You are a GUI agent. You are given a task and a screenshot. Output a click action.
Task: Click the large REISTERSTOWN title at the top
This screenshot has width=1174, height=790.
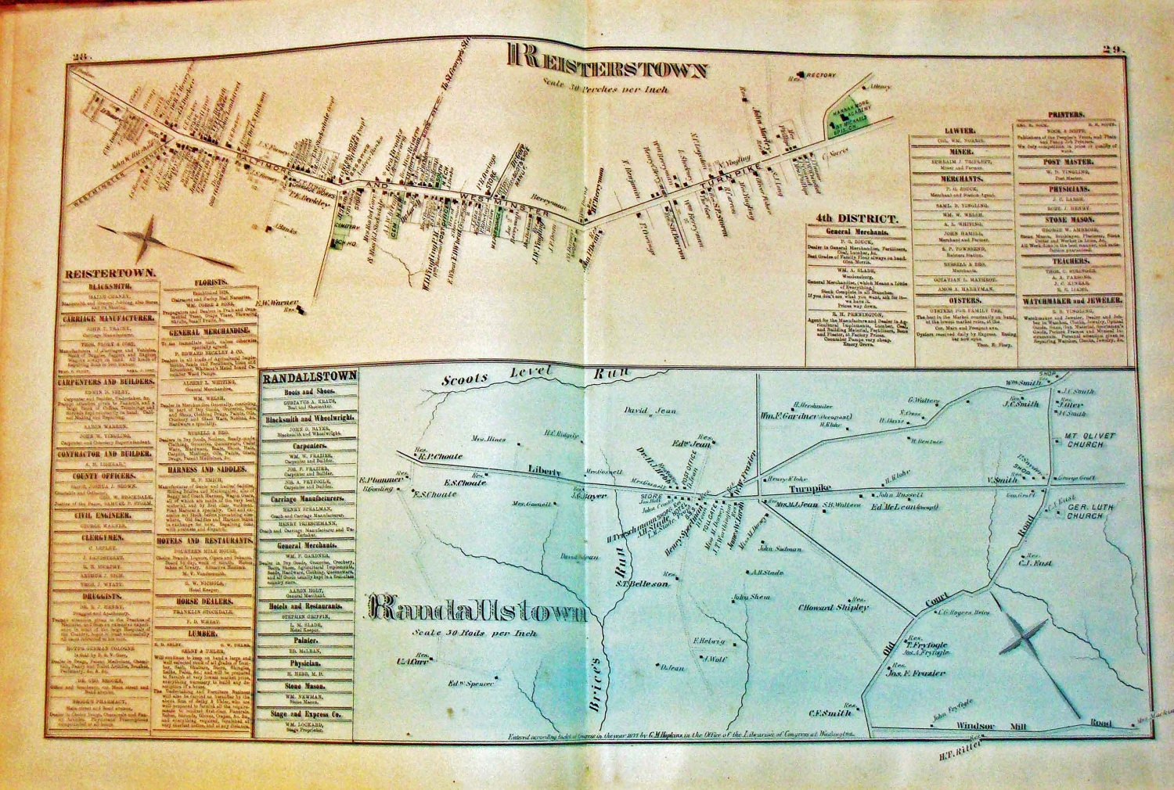click(609, 62)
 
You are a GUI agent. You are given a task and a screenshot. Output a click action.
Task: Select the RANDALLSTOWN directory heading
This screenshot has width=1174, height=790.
click(308, 375)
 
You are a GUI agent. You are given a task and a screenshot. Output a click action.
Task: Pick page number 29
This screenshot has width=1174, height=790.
click(1114, 50)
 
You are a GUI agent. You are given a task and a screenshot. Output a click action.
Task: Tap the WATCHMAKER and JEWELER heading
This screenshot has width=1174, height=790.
click(1072, 300)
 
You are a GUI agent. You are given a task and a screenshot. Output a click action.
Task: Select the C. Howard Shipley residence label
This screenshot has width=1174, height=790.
click(832, 607)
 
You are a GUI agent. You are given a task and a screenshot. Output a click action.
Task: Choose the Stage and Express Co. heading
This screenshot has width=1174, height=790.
click(308, 713)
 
